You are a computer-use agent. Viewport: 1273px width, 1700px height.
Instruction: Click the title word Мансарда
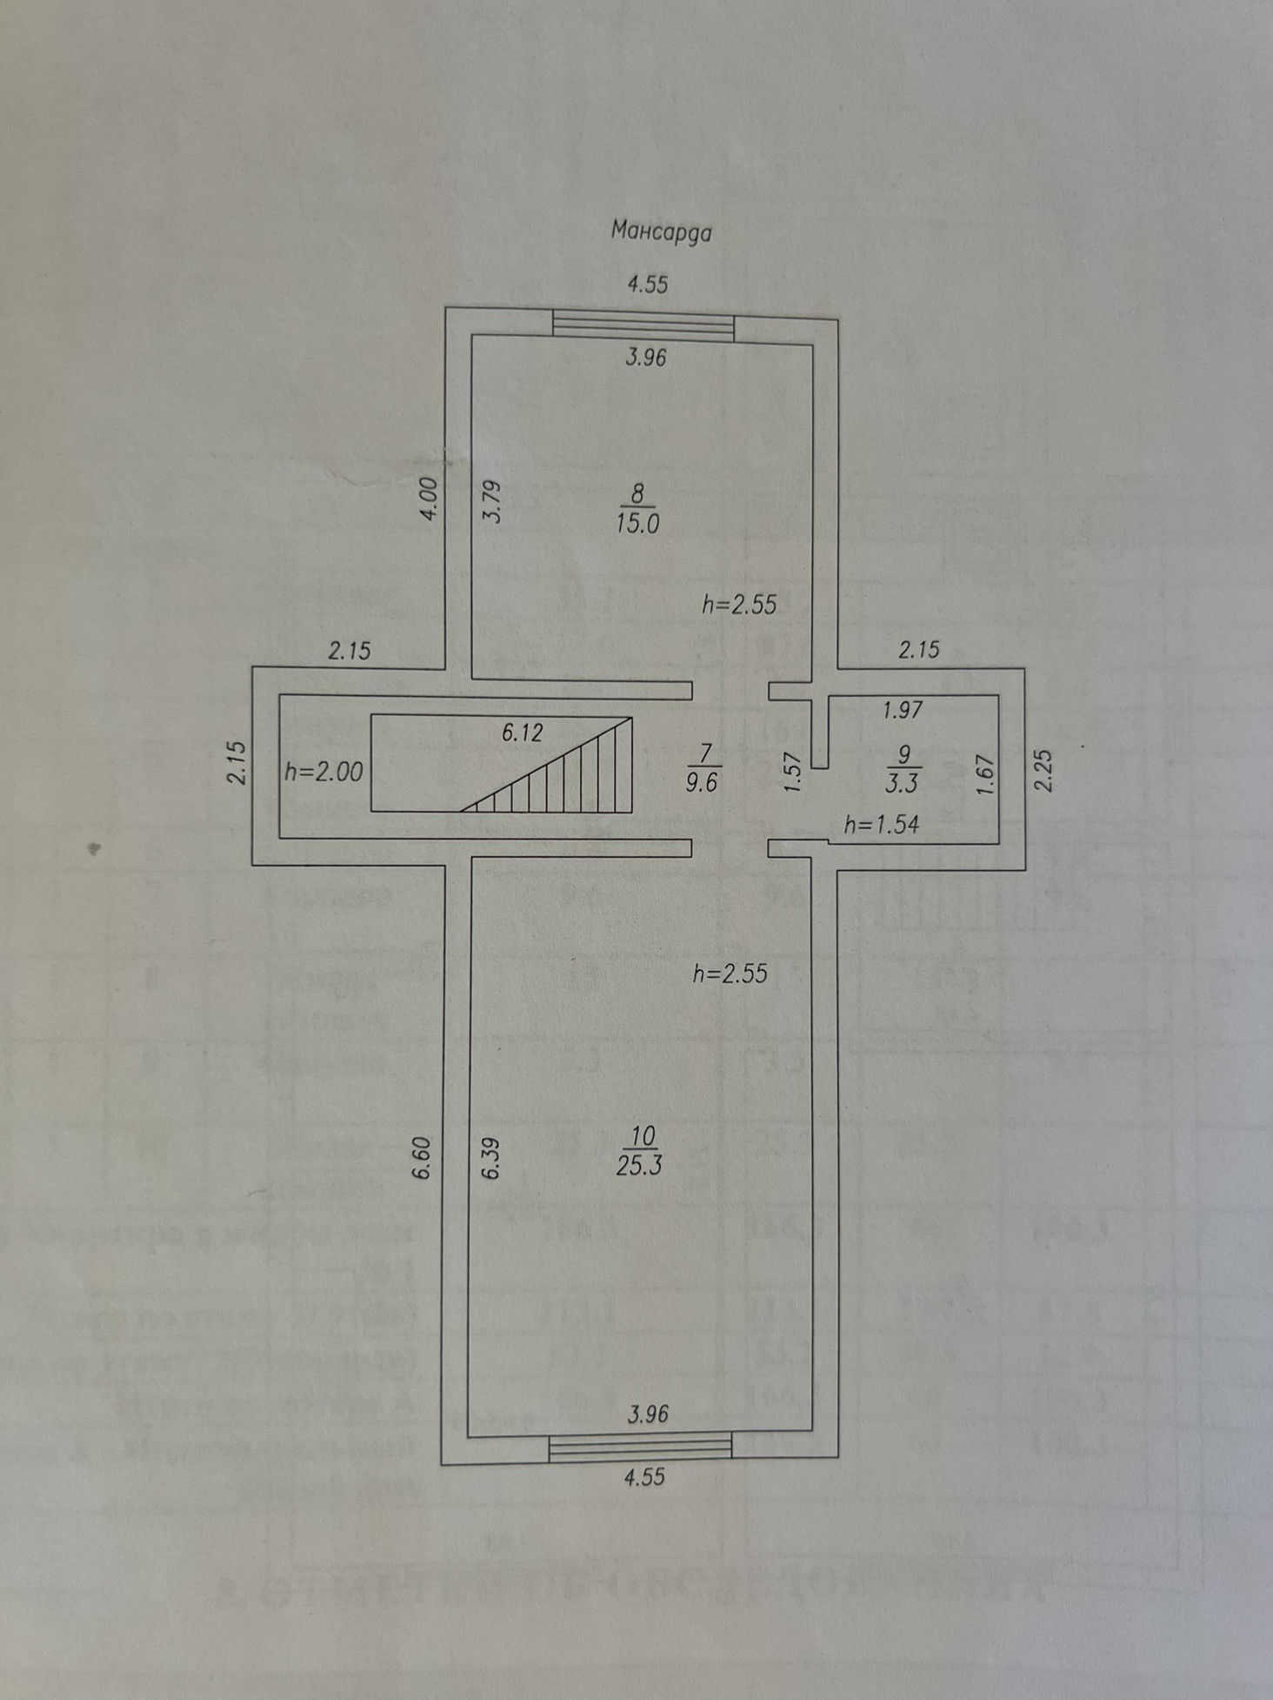click(661, 231)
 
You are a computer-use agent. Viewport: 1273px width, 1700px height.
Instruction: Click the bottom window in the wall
click(640, 1446)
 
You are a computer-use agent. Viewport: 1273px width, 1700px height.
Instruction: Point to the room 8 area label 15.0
click(637, 524)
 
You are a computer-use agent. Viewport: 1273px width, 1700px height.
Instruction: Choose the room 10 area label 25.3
click(639, 1165)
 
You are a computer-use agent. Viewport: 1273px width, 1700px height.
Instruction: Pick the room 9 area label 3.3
click(902, 783)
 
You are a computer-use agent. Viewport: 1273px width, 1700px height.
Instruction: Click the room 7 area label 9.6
click(701, 781)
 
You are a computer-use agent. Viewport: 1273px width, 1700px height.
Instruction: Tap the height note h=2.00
click(323, 772)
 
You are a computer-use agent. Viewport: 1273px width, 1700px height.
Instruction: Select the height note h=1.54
click(882, 824)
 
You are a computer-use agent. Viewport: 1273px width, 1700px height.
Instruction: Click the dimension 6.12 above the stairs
click(522, 733)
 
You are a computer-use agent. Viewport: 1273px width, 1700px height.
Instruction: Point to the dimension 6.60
click(423, 1158)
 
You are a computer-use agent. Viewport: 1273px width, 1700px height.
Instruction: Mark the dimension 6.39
click(491, 1158)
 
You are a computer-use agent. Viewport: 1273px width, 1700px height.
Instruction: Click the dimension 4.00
click(430, 499)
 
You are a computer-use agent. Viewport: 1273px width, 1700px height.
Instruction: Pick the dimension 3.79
click(492, 502)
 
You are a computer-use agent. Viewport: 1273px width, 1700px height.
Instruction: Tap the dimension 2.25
click(1044, 770)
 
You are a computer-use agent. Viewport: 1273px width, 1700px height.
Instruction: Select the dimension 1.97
click(902, 710)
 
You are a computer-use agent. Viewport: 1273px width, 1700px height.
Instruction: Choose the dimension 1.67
click(984, 773)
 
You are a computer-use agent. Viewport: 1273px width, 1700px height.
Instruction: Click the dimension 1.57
click(790, 772)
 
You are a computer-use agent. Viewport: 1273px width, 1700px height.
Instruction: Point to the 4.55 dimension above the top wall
click(648, 284)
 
